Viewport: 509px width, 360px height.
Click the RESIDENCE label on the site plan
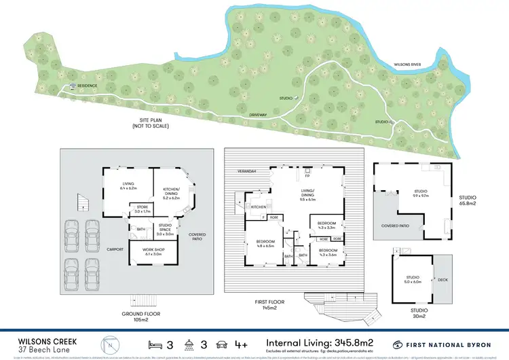point(87,86)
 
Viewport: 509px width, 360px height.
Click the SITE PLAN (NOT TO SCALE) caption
point(151,123)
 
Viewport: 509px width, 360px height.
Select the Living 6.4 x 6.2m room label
point(128,186)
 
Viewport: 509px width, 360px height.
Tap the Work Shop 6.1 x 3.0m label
point(153,252)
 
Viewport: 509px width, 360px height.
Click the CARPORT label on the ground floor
point(115,249)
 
